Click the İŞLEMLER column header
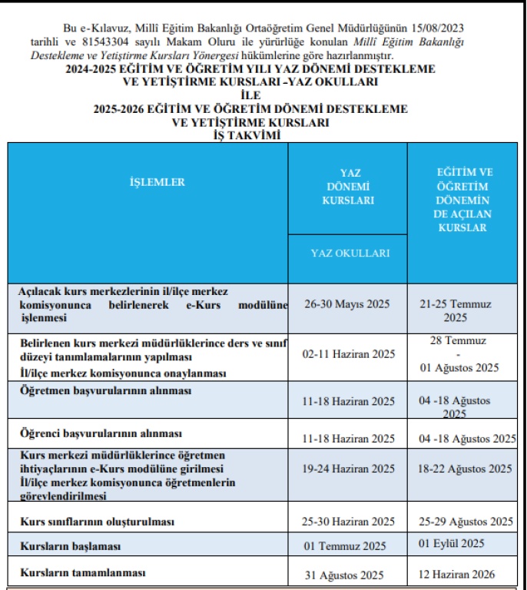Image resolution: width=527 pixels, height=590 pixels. tap(157, 182)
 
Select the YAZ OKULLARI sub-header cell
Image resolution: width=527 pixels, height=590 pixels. tap(350, 253)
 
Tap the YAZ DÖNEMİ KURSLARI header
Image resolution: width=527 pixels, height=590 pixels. tap(350, 187)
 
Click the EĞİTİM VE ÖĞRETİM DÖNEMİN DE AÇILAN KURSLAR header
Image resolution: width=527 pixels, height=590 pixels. tap(462, 200)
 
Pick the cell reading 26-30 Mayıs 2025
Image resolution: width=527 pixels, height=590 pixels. tap(346, 304)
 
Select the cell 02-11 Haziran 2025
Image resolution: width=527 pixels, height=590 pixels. tap(348, 354)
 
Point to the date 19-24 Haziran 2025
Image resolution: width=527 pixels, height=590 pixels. tap(348, 469)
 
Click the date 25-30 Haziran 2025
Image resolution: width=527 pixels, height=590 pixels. tap(348, 522)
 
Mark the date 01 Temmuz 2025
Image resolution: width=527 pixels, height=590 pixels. tap(345, 547)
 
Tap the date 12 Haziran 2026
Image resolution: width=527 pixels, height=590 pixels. tap(456, 574)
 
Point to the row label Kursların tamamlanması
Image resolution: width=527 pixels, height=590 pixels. tap(82, 572)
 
